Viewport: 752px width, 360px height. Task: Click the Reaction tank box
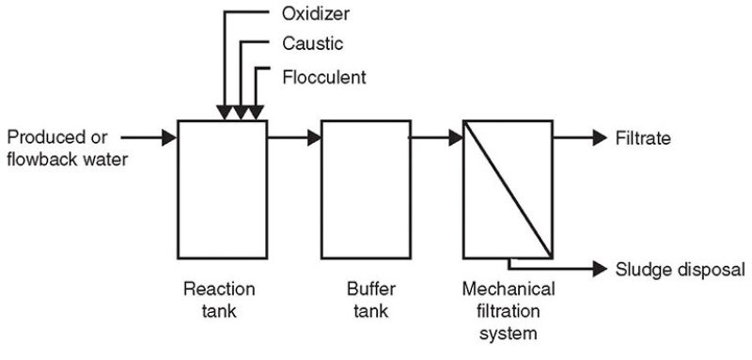pyautogui.click(x=222, y=188)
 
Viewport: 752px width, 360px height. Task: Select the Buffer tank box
pyautogui.click(x=366, y=188)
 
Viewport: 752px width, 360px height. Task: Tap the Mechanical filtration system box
pyautogui.click(x=508, y=188)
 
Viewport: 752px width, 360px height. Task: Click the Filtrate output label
pyautogui.click(x=642, y=138)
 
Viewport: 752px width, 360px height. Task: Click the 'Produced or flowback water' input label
pyautogui.click(x=66, y=148)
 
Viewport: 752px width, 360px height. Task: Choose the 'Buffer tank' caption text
pyautogui.click(x=365, y=300)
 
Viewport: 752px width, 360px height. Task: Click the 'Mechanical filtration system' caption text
pyautogui.click(x=509, y=310)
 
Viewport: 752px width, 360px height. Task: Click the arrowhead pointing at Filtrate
pyautogui.click(x=600, y=138)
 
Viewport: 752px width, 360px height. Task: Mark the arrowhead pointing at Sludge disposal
pyautogui.click(x=600, y=268)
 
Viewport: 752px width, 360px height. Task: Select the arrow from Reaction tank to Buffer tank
pyautogui.click(x=293, y=138)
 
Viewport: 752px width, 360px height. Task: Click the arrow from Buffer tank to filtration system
pyautogui.click(x=437, y=138)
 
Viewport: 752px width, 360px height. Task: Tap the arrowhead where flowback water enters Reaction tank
pyautogui.click(x=169, y=138)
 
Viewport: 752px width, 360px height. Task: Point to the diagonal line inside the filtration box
pyautogui.click(x=508, y=188)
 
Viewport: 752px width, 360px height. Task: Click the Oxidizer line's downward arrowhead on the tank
pyautogui.click(x=226, y=113)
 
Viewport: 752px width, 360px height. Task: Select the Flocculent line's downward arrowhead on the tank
pyautogui.click(x=258, y=113)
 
